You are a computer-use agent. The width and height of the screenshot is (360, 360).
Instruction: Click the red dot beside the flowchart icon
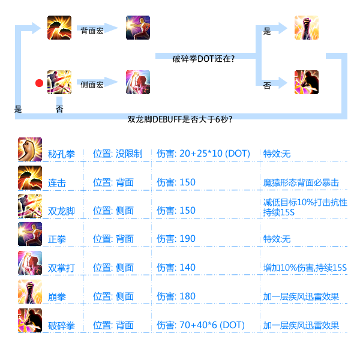[x=40, y=83]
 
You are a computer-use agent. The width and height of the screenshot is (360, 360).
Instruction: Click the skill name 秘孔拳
[x=61, y=154]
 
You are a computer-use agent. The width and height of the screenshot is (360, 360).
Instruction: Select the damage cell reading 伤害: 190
[x=176, y=239]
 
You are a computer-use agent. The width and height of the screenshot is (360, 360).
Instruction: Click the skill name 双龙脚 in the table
[x=61, y=211]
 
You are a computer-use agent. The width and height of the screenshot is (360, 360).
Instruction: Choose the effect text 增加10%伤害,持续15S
[x=304, y=268]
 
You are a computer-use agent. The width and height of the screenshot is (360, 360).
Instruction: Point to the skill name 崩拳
[x=56, y=297]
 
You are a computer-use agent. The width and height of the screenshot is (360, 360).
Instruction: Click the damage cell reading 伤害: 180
[x=176, y=296]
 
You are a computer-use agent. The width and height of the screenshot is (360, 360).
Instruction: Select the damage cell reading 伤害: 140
[x=176, y=268]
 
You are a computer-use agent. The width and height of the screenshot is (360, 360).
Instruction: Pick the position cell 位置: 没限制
[x=118, y=154]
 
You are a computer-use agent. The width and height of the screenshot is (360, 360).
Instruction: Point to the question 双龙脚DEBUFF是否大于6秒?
[x=179, y=119]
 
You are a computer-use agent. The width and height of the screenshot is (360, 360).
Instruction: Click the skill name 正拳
[x=57, y=239]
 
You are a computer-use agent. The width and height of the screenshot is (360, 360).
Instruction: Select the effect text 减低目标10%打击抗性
[x=305, y=202]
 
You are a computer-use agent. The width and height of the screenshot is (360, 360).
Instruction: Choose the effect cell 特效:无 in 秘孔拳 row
[x=277, y=154]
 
